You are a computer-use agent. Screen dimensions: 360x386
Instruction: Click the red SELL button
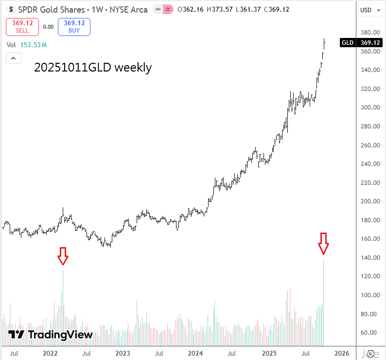pyautogui.click(x=22, y=27)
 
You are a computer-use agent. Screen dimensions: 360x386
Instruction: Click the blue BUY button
pyautogui.click(x=74, y=27)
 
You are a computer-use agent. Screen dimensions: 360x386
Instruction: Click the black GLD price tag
pyautogui.click(x=348, y=43)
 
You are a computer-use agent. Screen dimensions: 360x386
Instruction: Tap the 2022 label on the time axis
pyautogui.click(x=51, y=353)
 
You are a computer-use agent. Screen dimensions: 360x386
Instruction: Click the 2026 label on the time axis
pyautogui.click(x=341, y=353)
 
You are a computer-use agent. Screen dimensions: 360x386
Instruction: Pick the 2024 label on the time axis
pyautogui.click(x=196, y=353)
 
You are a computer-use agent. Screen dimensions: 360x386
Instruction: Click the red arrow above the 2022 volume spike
pyautogui.click(x=62, y=255)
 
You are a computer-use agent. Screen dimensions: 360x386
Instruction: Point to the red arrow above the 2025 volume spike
pyautogui.click(x=323, y=243)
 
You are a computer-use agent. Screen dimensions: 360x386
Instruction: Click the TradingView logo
pyautogui.click(x=51, y=335)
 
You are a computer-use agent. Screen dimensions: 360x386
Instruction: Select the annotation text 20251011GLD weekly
pyautogui.click(x=93, y=68)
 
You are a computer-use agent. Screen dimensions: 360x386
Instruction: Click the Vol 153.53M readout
pyautogui.click(x=27, y=45)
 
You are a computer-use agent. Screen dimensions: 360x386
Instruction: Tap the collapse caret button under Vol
pyautogui.click(x=13, y=58)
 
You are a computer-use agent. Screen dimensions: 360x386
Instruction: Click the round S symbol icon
pyautogui.click(x=10, y=10)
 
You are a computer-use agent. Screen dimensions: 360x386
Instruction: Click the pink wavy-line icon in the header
pyautogui.click(x=168, y=10)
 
